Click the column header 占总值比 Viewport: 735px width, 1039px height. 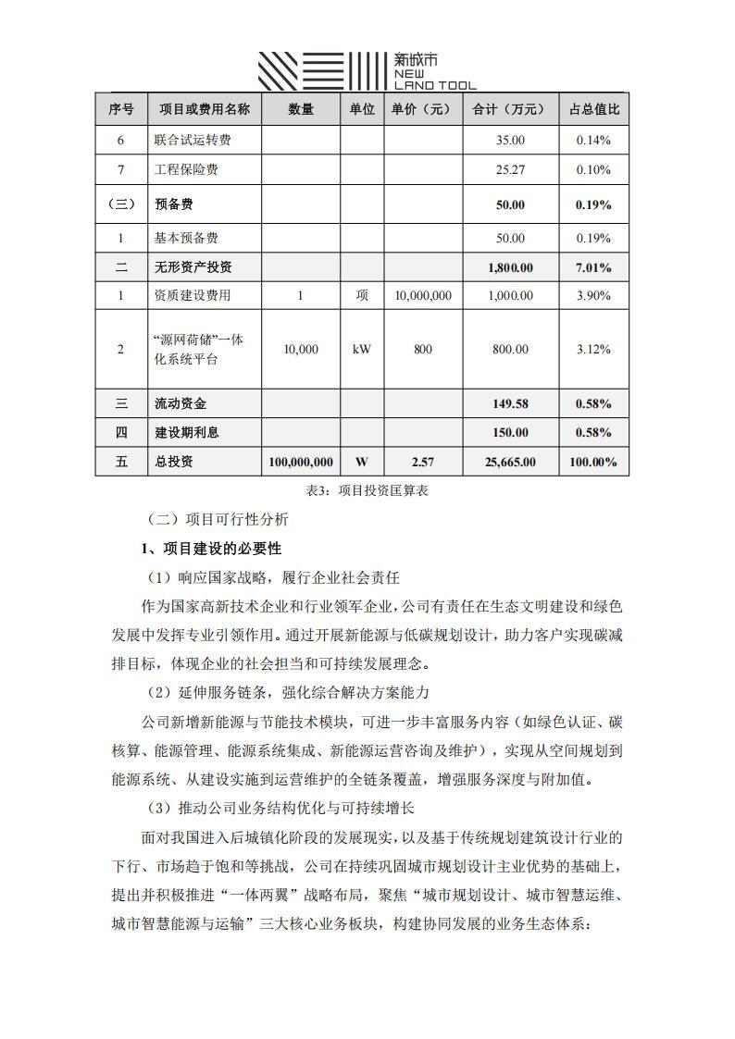[593, 109]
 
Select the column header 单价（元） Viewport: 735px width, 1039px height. [422, 109]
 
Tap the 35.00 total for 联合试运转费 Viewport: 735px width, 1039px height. [510, 141]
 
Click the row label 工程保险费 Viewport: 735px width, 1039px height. [186, 170]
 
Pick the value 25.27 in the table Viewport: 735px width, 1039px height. [510, 170]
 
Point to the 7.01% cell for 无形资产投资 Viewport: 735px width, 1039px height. [593, 268]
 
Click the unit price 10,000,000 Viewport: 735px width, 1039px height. [422, 296]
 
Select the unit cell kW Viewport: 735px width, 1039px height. [362, 350]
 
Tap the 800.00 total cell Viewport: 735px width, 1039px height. [510, 350]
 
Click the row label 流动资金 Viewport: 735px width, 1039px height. [181, 404]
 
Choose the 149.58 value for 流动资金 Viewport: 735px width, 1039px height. [510, 404]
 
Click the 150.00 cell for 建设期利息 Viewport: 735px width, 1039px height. [510, 433]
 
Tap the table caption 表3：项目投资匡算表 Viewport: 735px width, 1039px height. [361, 491]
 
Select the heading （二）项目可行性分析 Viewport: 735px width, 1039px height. [218, 520]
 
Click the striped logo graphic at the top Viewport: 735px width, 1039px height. [320, 70]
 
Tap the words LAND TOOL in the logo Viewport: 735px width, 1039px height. [435, 85]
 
